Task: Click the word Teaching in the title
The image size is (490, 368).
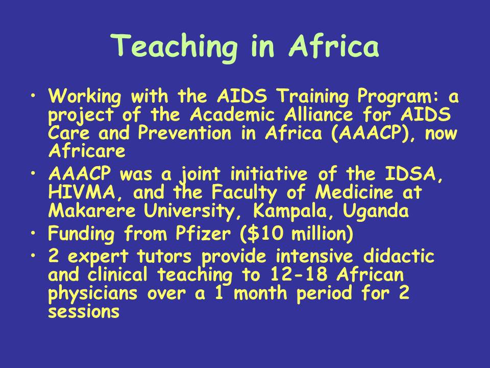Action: click(x=174, y=48)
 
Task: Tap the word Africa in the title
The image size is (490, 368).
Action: click(x=334, y=45)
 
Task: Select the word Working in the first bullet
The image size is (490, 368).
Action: click(x=84, y=96)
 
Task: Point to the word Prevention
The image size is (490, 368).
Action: click(x=185, y=133)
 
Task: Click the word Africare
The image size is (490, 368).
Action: click(x=87, y=151)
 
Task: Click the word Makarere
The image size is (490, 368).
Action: click(x=92, y=211)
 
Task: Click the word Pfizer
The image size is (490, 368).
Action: click(x=203, y=234)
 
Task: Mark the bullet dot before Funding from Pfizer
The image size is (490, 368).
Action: click(x=34, y=233)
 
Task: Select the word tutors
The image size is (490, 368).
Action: click(x=164, y=256)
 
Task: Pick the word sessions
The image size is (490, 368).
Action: click(x=84, y=312)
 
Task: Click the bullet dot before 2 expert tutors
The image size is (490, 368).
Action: click(x=34, y=256)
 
